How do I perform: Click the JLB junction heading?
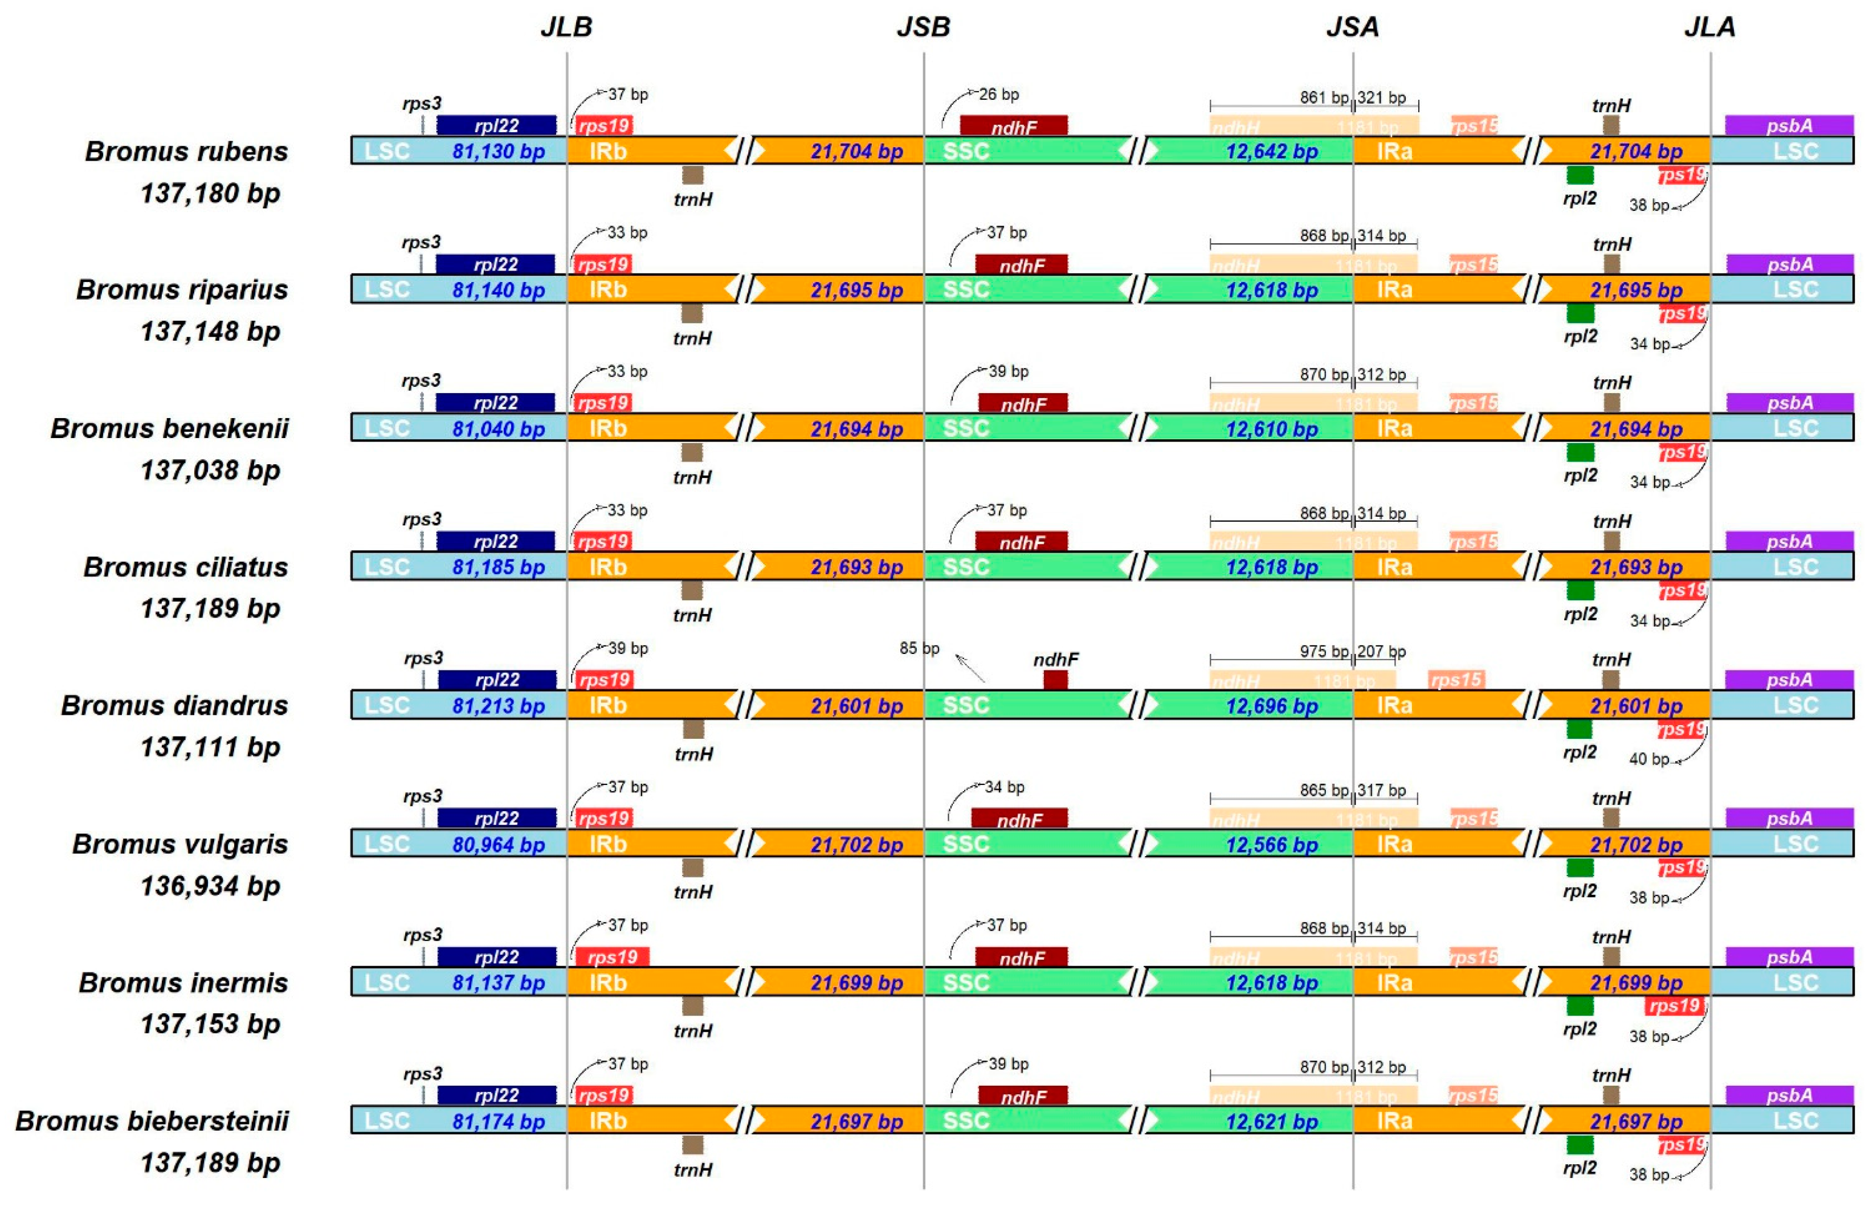click(x=566, y=27)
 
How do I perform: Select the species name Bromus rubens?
click(x=186, y=151)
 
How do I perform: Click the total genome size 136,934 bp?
click(x=210, y=886)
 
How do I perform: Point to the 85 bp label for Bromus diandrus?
click(x=919, y=649)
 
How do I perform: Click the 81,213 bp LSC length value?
click(x=499, y=706)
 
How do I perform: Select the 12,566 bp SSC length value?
click(x=1271, y=844)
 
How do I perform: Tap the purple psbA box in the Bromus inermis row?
click(x=1789, y=956)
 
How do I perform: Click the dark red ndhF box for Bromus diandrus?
click(x=1055, y=679)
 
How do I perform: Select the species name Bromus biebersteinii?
click(x=152, y=1121)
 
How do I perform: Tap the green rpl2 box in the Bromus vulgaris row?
click(x=1579, y=867)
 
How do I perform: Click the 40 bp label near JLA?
click(x=1648, y=759)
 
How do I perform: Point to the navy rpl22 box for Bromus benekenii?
click(x=495, y=403)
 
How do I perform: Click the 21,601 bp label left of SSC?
click(x=856, y=706)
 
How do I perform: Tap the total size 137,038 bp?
click(x=210, y=470)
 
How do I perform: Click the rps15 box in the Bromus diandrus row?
click(x=1456, y=679)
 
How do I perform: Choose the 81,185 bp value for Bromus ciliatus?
click(x=499, y=567)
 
